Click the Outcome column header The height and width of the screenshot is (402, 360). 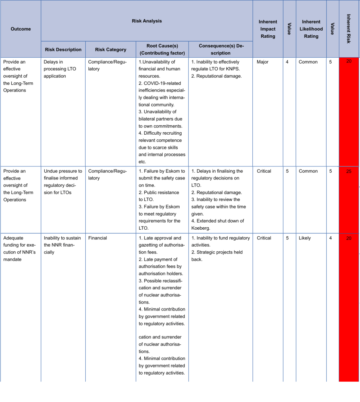20,29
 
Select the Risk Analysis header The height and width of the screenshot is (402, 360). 147,21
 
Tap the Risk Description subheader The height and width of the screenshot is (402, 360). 63,50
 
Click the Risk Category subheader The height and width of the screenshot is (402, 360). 110,50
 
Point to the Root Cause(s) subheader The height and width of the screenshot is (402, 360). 162,49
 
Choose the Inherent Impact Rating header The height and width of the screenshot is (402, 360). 268,29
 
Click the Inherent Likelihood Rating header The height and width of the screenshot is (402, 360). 311,29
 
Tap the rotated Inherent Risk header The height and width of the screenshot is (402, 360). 349,29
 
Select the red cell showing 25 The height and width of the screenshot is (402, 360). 349,172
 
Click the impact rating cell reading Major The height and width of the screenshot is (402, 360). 263,62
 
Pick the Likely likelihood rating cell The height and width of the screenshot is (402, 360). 305,238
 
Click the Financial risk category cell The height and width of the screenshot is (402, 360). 97,238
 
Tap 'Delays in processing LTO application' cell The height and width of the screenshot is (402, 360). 60,69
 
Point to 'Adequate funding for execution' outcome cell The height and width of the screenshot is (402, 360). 20,249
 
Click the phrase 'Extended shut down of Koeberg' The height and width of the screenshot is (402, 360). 217,224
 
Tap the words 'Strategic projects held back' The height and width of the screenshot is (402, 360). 217,256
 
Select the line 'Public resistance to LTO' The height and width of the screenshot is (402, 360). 159,196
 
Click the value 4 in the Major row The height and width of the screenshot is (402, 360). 287,62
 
